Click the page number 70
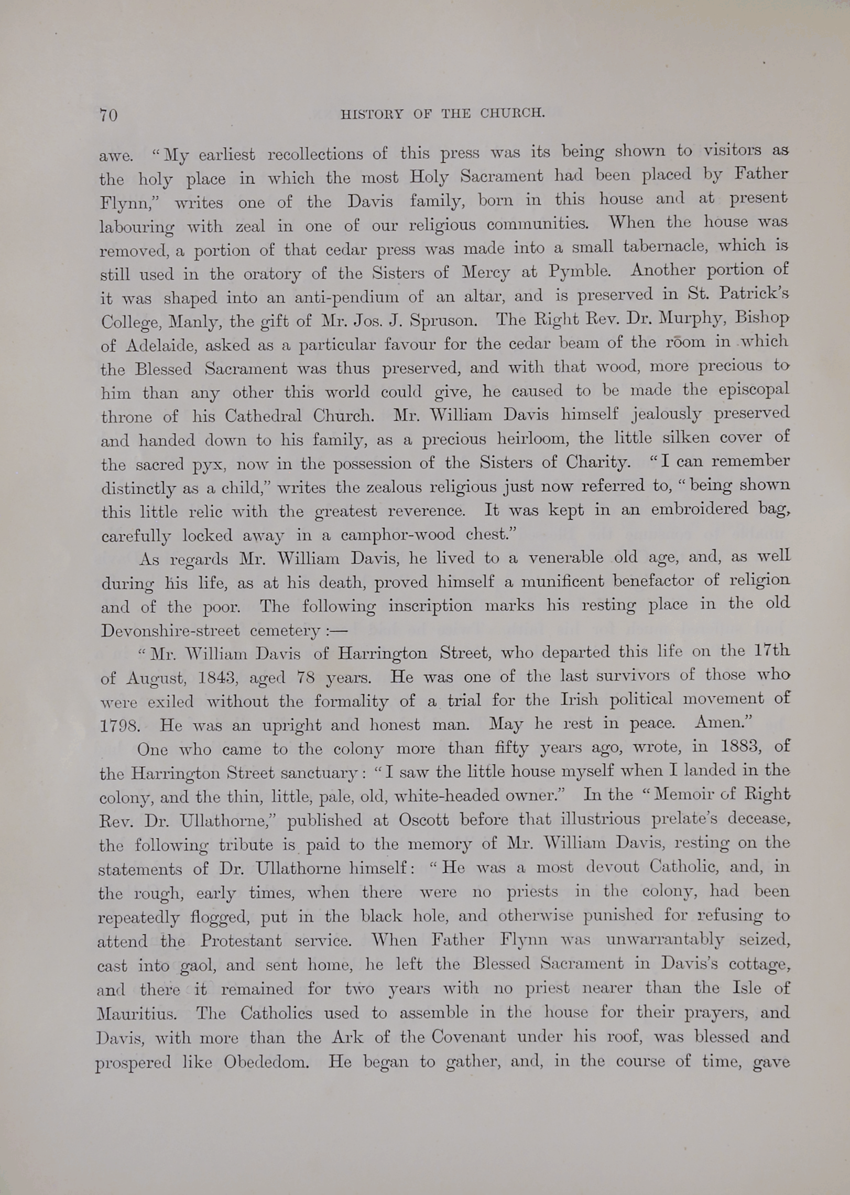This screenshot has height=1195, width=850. [108, 115]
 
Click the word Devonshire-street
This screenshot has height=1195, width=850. [170, 630]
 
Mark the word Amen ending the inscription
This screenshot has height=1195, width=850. [723, 723]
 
